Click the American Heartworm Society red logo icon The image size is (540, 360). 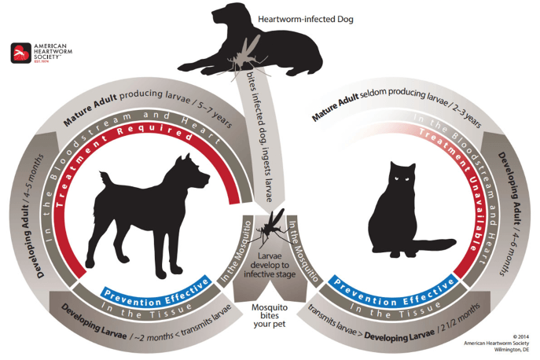(21, 53)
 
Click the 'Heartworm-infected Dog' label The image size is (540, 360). (306, 19)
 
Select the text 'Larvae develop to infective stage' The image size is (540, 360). (270, 265)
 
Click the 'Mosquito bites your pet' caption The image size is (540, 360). (270, 315)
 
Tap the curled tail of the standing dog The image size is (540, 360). (105, 179)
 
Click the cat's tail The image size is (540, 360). (435, 243)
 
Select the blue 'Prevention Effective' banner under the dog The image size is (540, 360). (156, 292)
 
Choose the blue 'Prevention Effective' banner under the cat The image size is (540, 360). (394, 292)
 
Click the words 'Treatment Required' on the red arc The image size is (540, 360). (114, 152)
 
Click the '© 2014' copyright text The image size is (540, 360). (520, 337)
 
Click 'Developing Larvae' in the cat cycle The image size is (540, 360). (399, 335)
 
